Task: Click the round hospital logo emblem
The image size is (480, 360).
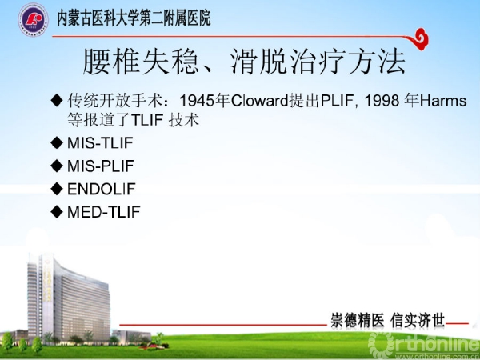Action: coord(33,19)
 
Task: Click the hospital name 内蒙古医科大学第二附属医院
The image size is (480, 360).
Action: coord(134,18)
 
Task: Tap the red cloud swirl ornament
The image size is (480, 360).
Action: coord(418,39)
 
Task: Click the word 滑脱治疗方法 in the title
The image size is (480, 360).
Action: coord(318,62)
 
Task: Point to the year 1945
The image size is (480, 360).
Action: coord(197,101)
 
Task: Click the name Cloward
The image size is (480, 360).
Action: coord(259,101)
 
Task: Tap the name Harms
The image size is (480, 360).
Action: coord(443,101)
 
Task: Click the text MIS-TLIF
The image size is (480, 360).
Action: coord(100,142)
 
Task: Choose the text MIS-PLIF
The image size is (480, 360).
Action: coord(101,166)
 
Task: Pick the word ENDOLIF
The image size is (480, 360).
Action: coord(102,189)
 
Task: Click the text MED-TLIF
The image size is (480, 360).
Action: coord(104,212)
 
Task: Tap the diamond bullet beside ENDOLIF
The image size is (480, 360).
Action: coord(57,189)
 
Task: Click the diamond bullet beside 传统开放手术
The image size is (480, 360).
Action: coord(57,101)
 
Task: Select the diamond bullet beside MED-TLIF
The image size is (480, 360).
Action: coord(57,212)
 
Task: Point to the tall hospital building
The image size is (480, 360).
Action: coord(69,299)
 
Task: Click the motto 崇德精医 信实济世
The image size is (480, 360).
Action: coord(387,321)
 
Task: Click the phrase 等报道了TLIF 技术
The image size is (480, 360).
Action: coord(133,120)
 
